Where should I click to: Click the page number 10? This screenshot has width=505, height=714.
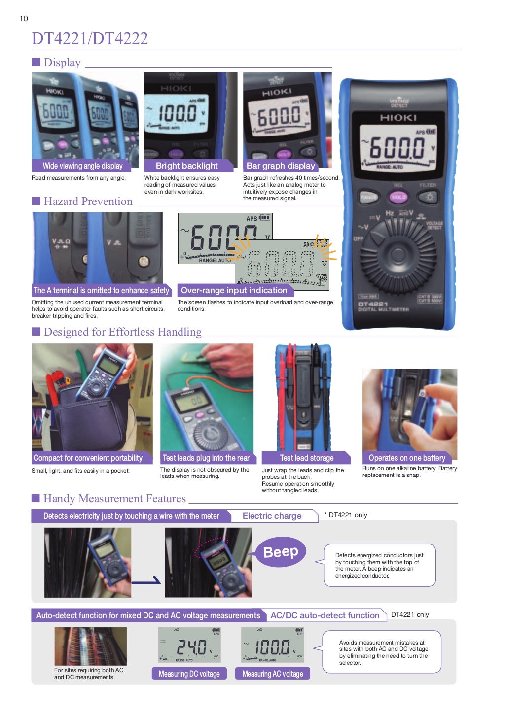pyautogui.click(x=24, y=19)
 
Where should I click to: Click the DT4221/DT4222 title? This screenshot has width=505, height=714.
pyautogui.click(x=90, y=38)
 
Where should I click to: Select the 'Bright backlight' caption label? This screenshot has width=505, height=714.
pyautogui.click(x=186, y=166)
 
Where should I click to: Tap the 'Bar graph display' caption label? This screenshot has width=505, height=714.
pyautogui.click(x=281, y=166)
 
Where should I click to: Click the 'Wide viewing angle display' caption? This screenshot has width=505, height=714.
pyautogui.click(x=82, y=166)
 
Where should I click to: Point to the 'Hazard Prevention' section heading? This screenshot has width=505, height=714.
pyautogui.click(x=88, y=201)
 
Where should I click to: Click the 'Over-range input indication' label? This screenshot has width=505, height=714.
pyautogui.click(x=234, y=290)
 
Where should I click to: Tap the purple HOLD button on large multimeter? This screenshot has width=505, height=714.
pyautogui.click(x=398, y=197)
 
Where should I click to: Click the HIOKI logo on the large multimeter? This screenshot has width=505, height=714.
pyautogui.click(x=398, y=118)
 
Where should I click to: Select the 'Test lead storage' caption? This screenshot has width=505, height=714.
pyautogui.click(x=306, y=458)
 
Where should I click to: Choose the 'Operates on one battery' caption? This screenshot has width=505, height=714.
pyautogui.click(x=407, y=458)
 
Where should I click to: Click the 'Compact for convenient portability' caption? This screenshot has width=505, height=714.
pyautogui.click(x=88, y=458)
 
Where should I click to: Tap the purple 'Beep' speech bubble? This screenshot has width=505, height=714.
pyautogui.click(x=281, y=552)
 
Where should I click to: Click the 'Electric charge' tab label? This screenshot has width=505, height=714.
pyautogui.click(x=272, y=516)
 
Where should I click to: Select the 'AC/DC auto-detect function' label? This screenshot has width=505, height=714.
pyautogui.click(x=325, y=615)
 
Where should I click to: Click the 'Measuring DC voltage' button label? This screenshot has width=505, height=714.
pyautogui.click(x=189, y=674)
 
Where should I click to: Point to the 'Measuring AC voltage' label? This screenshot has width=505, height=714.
pyautogui.click(x=273, y=674)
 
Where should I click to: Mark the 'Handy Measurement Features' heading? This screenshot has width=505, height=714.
pyautogui.click(x=114, y=498)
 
